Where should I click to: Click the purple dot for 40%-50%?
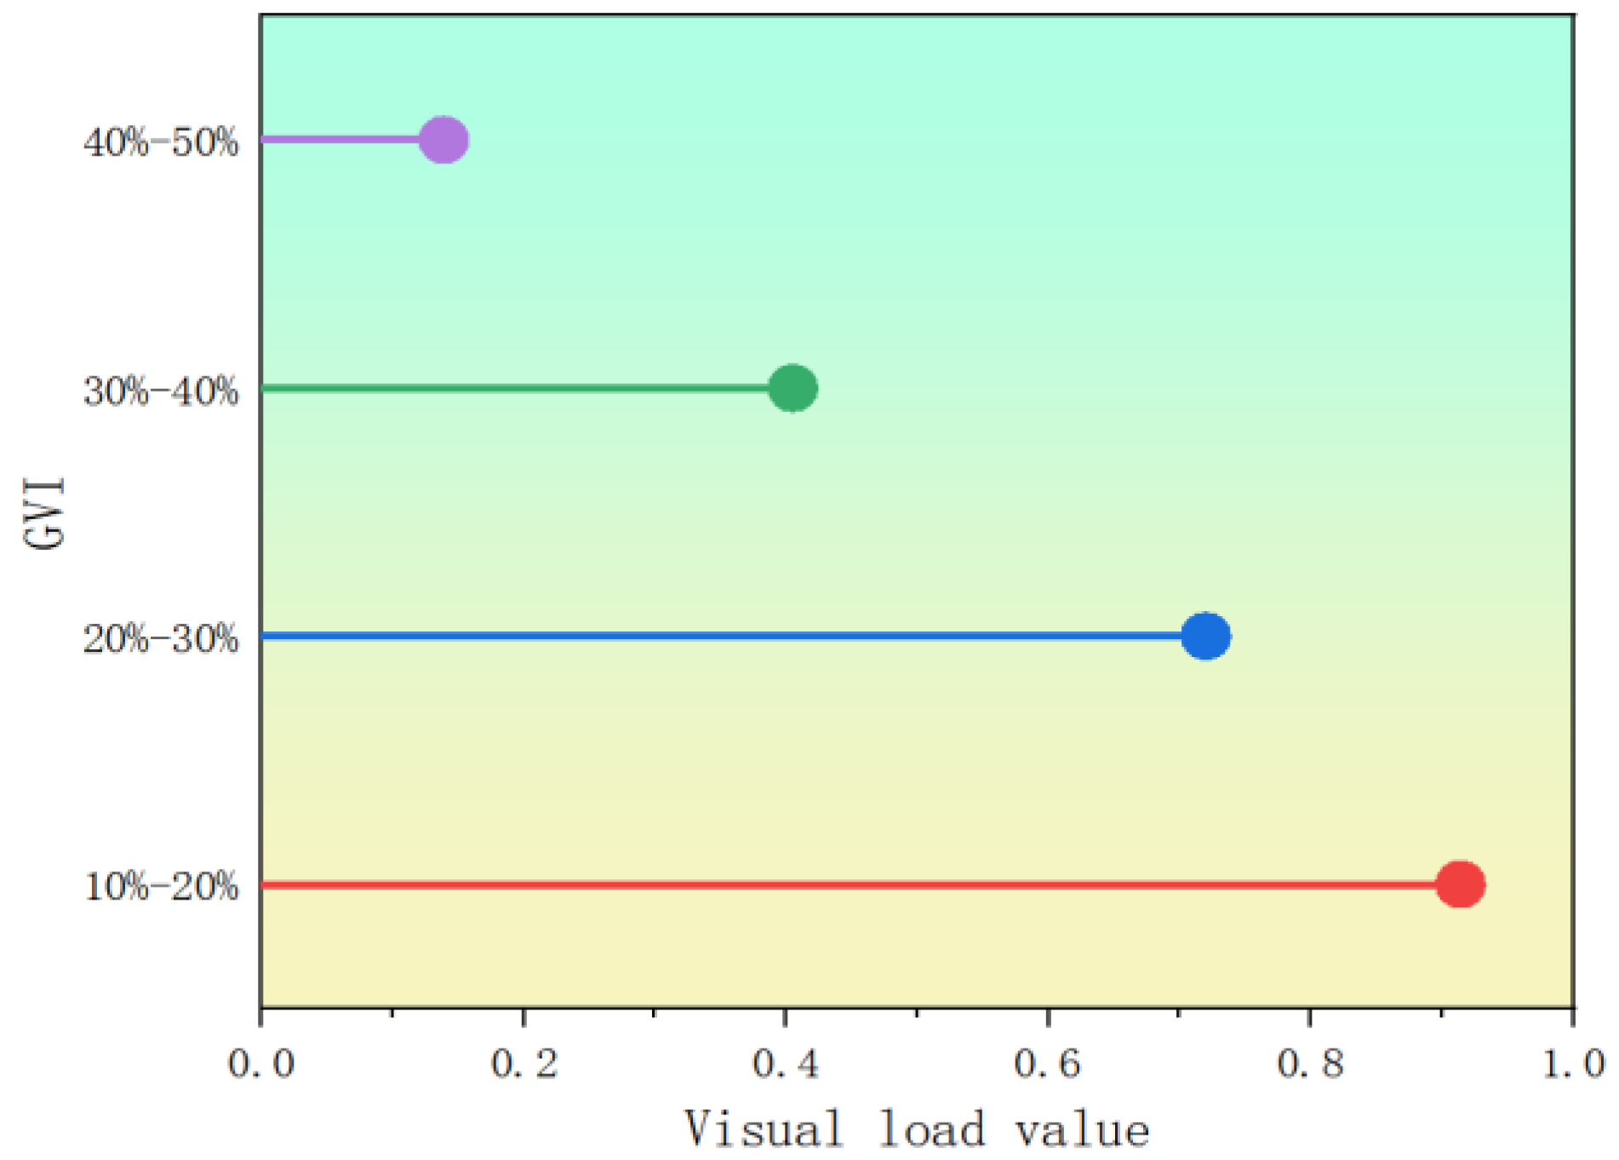(x=443, y=140)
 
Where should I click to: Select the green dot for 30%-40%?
(x=792, y=388)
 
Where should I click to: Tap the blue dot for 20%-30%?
(x=1205, y=636)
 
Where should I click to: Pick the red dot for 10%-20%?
(x=1460, y=884)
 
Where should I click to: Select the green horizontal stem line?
(x=511, y=388)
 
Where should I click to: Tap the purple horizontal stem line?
(x=340, y=140)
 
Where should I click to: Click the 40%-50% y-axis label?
(x=161, y=142)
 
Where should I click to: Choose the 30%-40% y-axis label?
(x=161, y=391)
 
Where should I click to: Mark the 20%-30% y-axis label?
(x=161, y=639)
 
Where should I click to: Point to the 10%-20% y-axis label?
(x=161, y=888)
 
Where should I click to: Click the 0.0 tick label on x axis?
(x=260, y=1064)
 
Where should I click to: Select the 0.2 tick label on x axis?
(x=523, y=1064)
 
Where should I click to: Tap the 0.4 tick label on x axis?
(x=786, y=1064)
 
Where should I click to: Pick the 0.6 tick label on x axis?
(x=1048, y=1064)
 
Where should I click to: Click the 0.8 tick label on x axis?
(x=1310, y=1064)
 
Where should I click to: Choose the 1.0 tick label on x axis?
(x=1573, y=1064)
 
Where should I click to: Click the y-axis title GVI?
(x=44, y=513)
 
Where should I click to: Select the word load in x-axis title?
(x=931, y=1129)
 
